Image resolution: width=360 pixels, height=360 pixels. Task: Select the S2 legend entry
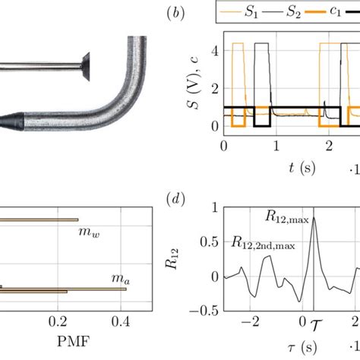pyautogui.click(x=282, y=12)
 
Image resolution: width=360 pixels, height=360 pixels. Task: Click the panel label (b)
pyautogui.click(x=175, y=13)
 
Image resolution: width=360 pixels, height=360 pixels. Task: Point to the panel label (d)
pyautogui.click(x=175, y=199)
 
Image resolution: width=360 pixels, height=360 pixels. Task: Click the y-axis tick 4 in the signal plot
pyautogui.click(x=215, y=52)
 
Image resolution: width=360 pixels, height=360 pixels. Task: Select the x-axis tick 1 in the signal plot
pyautogui.click(x=276, y=146)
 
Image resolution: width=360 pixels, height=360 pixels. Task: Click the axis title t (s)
pyautogui.click(x=302, y=168)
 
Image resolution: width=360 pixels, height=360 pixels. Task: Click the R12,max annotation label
pyautogui.click(x=287, y=217)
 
